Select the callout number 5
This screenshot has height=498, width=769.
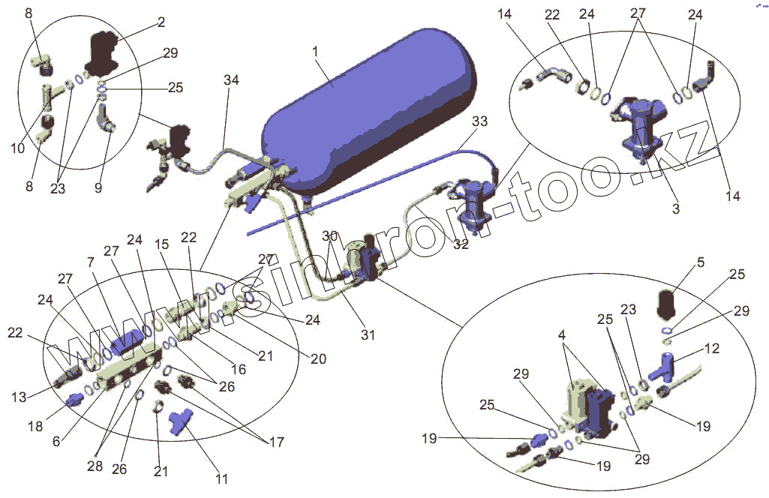[x=700, y=263]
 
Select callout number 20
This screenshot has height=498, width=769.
[x=318, y=358]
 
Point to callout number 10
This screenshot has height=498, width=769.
[x=18, y=149]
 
